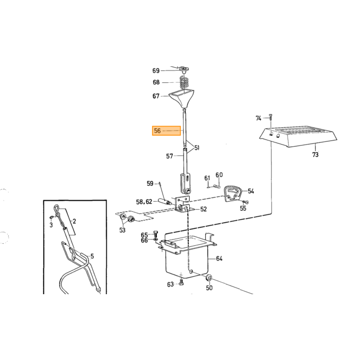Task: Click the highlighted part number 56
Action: pos(157,131)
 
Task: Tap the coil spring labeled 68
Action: pos(185,83)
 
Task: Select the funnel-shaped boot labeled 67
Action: pos(182,99)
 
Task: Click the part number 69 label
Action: pos(156,71)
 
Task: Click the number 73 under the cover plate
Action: pos(315,154)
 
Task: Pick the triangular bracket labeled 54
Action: pos(232,194)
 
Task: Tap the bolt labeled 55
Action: pos(245,202)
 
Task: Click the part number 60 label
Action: pos(219,175)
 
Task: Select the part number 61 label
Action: pos(207,178)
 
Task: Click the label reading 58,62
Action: pos(144,202)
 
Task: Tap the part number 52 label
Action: pos(204,209)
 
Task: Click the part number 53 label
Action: pos(122,230)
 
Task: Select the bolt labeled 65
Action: pos(155,234)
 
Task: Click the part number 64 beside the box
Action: pos(219,259)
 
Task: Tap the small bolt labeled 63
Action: pos(182,282)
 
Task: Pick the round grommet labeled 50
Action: pos(209,278)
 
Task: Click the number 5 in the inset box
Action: pos(92,256)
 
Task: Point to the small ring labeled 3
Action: pos(51,217)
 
